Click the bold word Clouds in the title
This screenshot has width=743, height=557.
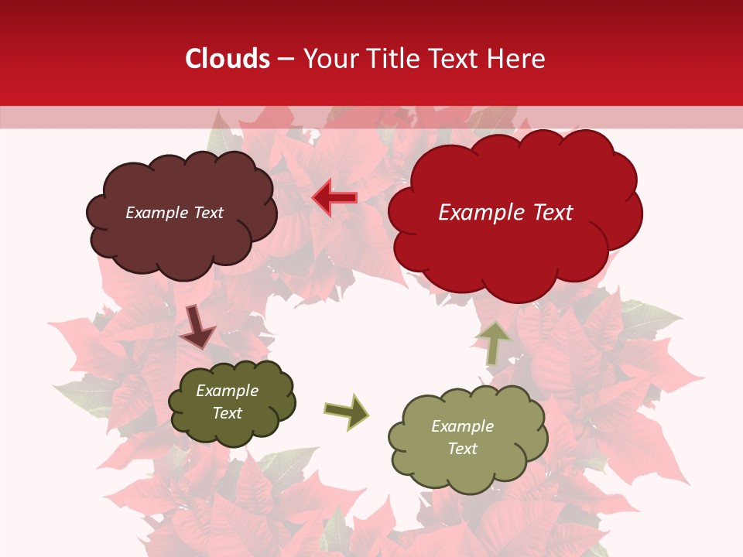pyautogui.click(x=228, y=59)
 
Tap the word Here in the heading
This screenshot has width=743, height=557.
pyautogui.click(x=518, y=59)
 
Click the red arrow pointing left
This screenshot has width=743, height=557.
pyautogui.click(x=334, y=197)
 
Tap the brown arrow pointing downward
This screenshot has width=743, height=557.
pyautogui.click(x=197, y=327)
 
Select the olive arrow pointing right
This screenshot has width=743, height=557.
pyautogui.click(x=347, y=411)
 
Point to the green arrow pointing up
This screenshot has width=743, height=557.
pyautogui.click(x=493, y=343)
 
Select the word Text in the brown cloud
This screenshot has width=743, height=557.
pyautogui.click(x=207, y=213)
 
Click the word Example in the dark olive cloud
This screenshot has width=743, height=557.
pyautogui.click(x=227, y=391)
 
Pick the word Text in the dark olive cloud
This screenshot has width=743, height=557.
pyautogui.click(x=227, y=413)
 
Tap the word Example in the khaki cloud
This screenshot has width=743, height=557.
pyautogui.click(x=462, y=426)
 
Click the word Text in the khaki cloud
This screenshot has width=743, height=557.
pyautogui.click(x=462, y=449)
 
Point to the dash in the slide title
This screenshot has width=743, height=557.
pyautogui.click(x=286, y=60)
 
